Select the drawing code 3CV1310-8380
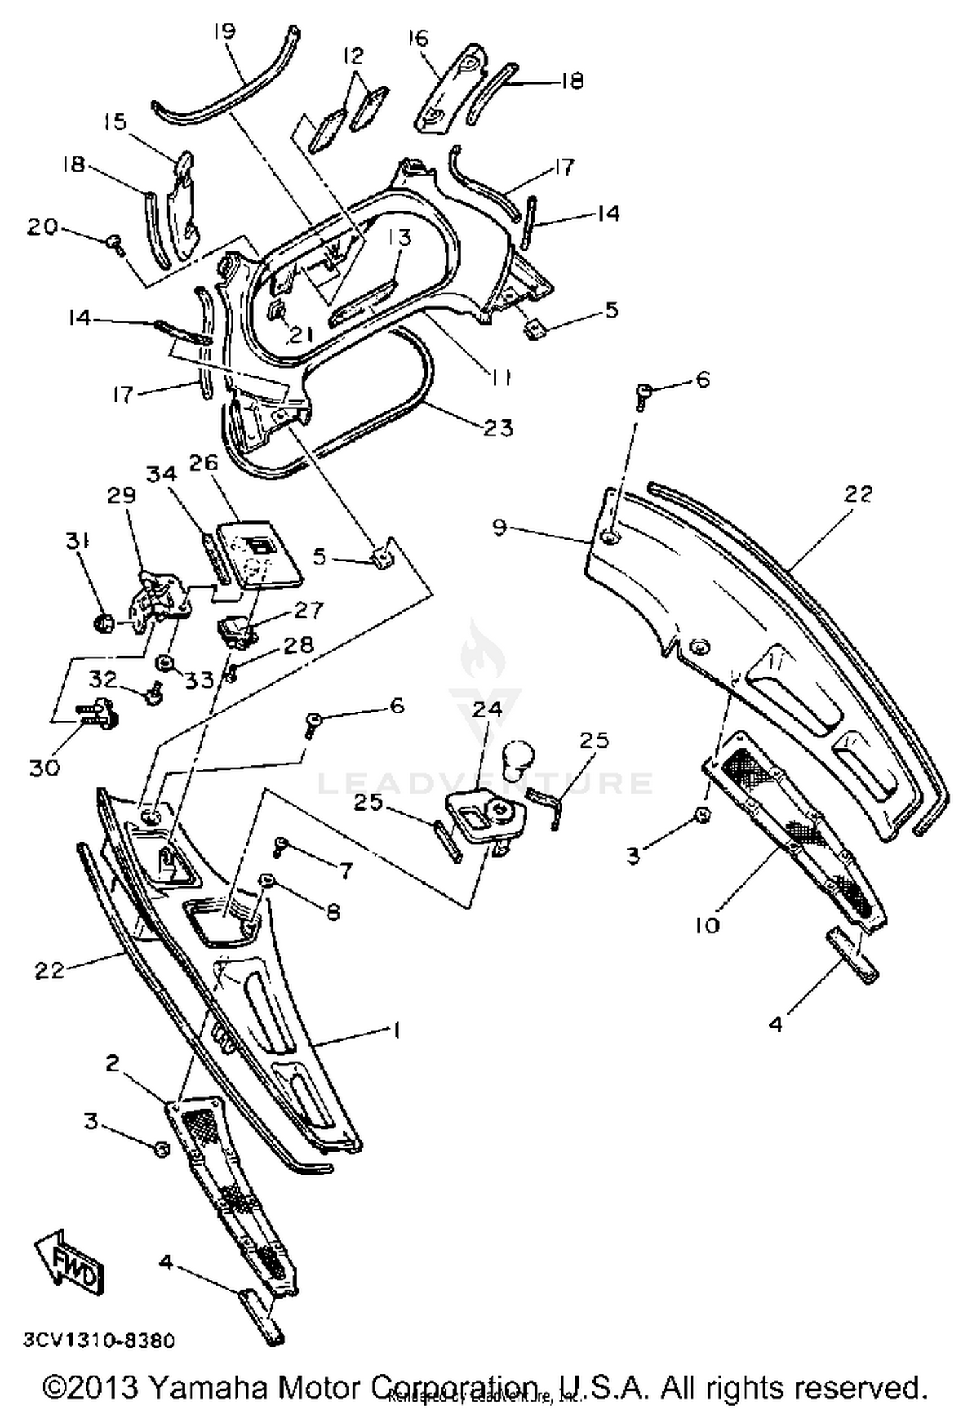(x=98, y=1340)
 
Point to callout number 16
(x=418, y=38)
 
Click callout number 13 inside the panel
(x=400, y=238)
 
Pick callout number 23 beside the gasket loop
(x=498, y=427)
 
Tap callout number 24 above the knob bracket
(x=487, y=708)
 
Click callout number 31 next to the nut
(x=78, y=540)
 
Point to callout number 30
(x=44, y=768)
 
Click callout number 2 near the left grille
(x=112, y=1063)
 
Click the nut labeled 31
(x=104, y=623)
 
